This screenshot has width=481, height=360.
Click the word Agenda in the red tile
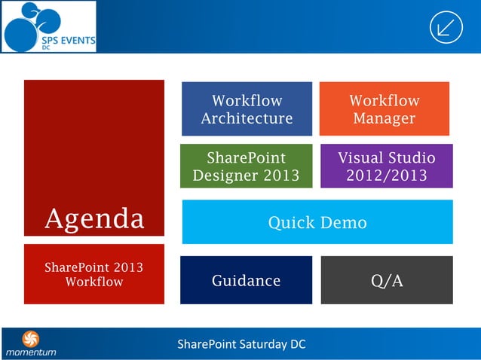click(94, 218)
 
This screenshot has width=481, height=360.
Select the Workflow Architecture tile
click(247, 109)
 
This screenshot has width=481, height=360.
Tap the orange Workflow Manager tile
click(384, 109)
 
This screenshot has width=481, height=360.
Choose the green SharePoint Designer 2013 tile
click(246, 166)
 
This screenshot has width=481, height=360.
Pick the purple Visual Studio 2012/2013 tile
click(386, 166)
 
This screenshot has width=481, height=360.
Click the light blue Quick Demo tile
click(317, 222)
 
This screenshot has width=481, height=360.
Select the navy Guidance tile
click(246, 280)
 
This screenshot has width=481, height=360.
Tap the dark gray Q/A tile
click(387, 280)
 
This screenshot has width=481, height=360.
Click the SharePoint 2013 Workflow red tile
click(94, 274)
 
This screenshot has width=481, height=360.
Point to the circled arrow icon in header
click(446, 28)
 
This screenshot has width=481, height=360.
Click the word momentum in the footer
click(31, 352)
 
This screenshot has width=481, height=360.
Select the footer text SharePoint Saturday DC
click(241, 345)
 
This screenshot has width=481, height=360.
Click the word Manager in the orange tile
click(384, 118)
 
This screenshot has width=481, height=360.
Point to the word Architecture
click(247, 118)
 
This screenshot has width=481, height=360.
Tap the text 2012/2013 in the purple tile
click(386, 175)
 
